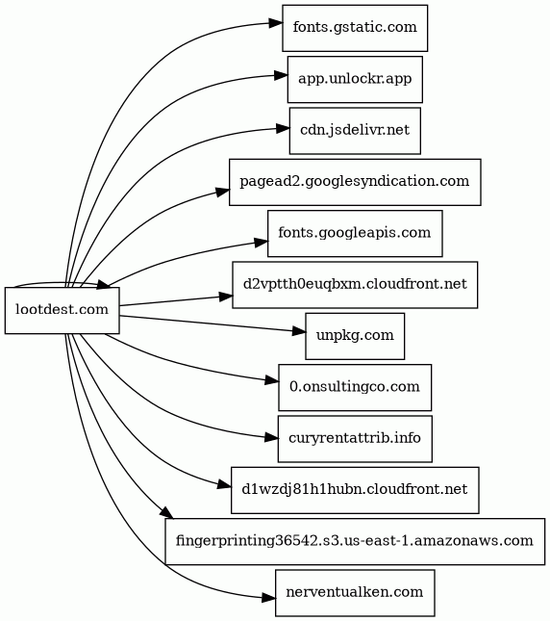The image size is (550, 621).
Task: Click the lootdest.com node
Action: (62, 310)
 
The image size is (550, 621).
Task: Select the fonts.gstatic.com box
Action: (355, 28)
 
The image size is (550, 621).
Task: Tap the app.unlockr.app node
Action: (355, 80)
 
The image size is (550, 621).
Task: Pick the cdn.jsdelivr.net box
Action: (355, 131)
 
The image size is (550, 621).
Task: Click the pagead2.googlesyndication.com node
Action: (355, 182)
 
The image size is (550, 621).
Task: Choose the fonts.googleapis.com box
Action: (355, 234)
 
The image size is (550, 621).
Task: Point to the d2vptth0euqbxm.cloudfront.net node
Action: (355, 285)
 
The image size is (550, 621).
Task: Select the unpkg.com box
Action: (355, 336)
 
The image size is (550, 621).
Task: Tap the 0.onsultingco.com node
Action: (355, 387)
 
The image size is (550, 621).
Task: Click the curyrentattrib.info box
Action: (355, 439)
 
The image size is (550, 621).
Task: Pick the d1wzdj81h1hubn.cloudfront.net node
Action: (355, 490)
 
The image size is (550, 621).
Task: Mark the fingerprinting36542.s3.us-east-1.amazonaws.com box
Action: (355, 541)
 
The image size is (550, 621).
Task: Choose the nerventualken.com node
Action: (355, 593)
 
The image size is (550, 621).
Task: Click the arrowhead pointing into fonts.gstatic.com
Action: (276, 23)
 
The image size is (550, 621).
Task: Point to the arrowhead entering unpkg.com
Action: (298, 331)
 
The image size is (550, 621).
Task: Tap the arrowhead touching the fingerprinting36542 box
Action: (167, 512)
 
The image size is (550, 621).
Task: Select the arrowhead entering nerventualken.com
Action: (269, 598)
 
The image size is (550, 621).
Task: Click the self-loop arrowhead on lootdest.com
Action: (104, 284)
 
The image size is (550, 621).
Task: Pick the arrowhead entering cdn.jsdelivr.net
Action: (283, 128)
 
